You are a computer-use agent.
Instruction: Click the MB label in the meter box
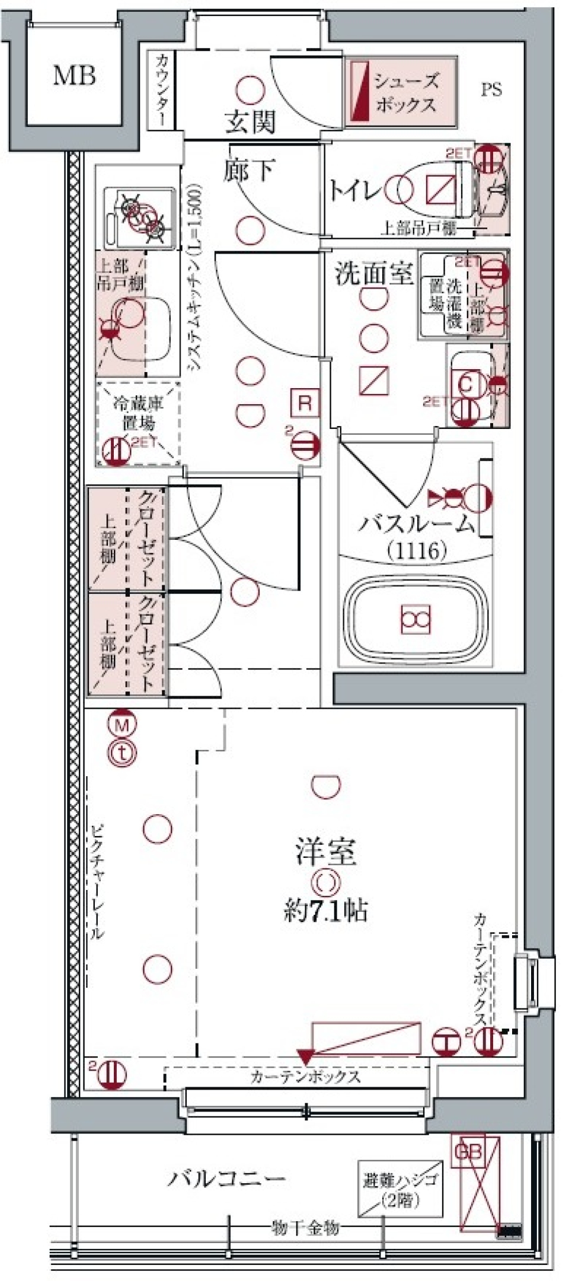point(75,76)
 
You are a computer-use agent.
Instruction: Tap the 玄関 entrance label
point(250,123)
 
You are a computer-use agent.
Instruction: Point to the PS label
point(491,89)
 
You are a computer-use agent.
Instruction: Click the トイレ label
point(354,191)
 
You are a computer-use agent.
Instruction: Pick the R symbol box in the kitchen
point(305,403)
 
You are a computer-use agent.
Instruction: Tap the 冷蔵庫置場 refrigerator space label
point(138,414)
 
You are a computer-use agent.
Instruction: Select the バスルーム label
point(417,524)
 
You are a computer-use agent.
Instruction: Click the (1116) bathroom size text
point(417,552)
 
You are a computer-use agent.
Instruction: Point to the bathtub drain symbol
point(415,619)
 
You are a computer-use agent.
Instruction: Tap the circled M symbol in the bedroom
point(122,724)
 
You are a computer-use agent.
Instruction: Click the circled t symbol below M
point(122,753)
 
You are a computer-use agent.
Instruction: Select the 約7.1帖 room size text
point(325,910)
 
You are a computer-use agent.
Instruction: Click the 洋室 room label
point(326,853)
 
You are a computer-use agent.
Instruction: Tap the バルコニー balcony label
point(227,1178)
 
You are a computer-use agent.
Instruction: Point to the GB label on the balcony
point(468,1152)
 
